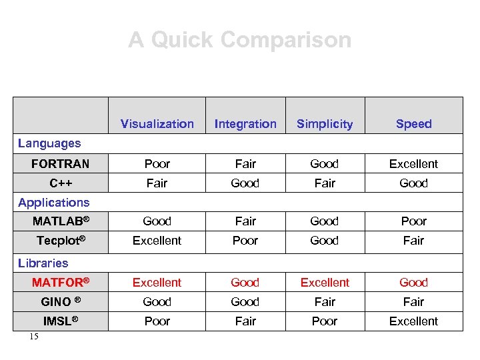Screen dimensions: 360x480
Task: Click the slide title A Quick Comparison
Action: tap(239, 40)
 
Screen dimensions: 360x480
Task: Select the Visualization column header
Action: tap(157, 124)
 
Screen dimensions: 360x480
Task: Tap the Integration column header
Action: tap(245, 124)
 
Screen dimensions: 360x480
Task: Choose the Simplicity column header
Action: tap(325, 124)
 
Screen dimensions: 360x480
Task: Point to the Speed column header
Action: tap(413, 124)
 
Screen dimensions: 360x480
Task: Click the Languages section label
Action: tap(49, 143)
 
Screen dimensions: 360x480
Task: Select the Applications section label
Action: tap(53, 203)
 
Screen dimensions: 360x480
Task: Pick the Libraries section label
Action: tap(43, 263)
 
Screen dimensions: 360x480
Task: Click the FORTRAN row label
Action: tap(60, 164)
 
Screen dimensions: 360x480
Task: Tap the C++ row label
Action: tap(61, 183)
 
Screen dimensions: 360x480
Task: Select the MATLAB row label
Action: tap(61, 221)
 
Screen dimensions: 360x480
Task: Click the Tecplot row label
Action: tap(61, 241)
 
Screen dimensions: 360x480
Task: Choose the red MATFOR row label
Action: tap(61, 283)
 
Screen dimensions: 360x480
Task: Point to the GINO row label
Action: tap(61, 302)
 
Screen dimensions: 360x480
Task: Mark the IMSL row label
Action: tap(61, 321)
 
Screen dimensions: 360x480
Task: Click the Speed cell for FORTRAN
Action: tap(413, 164)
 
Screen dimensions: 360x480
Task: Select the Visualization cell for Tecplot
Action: tap(157, 241)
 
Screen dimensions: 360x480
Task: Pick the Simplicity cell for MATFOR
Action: tap(325, 283)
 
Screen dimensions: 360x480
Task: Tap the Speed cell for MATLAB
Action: tap(413, 221)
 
